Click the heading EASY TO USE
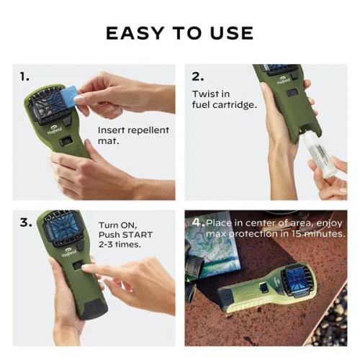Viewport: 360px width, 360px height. [x=179, y=32]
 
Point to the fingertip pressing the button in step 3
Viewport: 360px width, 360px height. [x=88, y=268]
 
